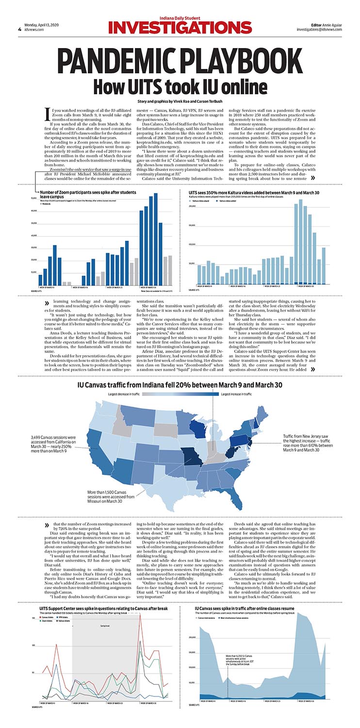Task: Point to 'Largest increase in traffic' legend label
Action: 236,395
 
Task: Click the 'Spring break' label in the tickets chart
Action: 105,626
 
